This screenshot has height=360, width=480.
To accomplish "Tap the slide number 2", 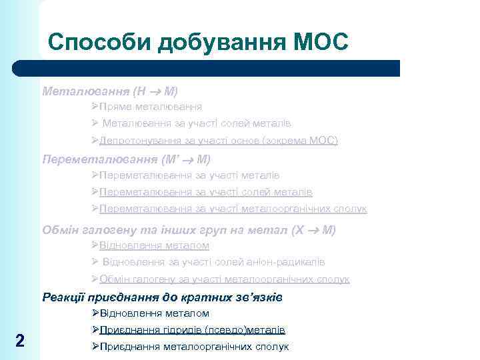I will (x=20, y=341).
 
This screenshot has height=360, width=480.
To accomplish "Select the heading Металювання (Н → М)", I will (x=110, y=89).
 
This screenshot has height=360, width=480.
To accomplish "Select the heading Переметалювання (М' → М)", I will (x=126, y=159).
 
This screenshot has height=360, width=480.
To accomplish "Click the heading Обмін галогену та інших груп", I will (x=189, y=230).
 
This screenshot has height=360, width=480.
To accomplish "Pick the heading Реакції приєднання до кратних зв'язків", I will (x=163, y=297).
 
